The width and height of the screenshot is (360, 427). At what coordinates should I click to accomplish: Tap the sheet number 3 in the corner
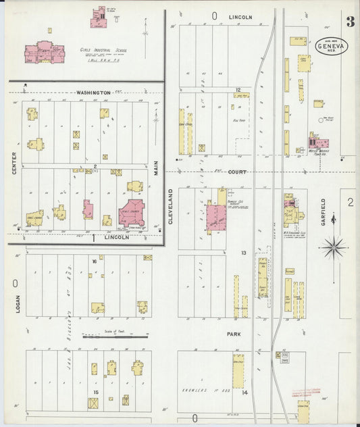click(350, 21)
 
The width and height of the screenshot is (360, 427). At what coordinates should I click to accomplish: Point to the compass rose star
click(334, 249)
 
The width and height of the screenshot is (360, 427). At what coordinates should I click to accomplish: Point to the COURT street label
click(237, 172)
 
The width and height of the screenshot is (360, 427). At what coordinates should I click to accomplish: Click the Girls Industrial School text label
click(103, 50)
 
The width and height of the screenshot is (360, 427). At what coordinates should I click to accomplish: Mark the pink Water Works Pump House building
click(317, 143)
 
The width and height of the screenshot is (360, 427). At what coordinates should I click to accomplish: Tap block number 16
click(95, 260)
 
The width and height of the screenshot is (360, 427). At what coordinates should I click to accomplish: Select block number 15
click(96, 392)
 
